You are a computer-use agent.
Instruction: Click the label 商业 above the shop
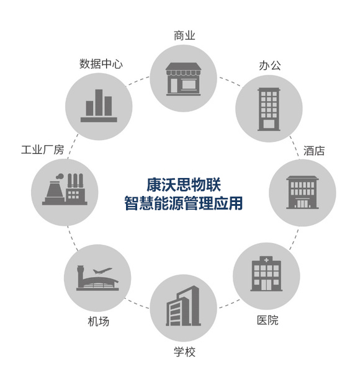click(184, 35)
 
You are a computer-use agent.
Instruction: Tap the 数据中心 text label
click(101, 64)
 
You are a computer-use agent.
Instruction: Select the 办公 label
click(270, 65)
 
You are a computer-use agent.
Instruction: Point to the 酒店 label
click(314, 151)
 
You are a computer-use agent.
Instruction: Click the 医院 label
click(268, 320)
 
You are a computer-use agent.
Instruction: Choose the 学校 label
click(184, 352)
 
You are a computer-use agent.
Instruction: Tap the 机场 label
click(99, 321)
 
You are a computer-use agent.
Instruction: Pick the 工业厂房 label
click(43, 149)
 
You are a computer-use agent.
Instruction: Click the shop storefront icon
click(183, 79)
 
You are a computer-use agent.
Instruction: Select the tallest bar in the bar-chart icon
click(99, 103)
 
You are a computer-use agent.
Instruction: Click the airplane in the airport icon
click(102, 271)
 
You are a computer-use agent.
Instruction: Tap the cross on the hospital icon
click(266, 260)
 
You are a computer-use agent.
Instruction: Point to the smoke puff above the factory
click(60, 177)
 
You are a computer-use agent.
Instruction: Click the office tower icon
click(269, 109)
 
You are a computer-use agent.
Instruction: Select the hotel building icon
click(302, 192)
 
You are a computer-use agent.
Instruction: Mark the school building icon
click(183, 306)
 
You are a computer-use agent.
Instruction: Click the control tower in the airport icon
click(80, 277)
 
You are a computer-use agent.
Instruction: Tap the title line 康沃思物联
click(184, 185)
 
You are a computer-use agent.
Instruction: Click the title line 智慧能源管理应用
click(183, 203)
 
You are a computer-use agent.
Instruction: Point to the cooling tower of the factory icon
click(54, 190)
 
